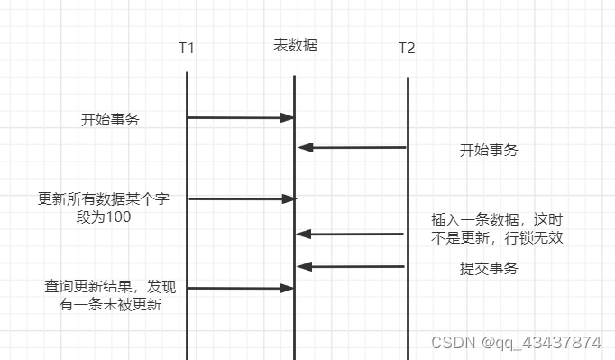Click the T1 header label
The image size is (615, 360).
(x=187, y=48)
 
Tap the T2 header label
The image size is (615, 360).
(x=407, y=48)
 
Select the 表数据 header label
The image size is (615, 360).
(x=295, y=45)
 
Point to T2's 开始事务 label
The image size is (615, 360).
(x=489, y=150)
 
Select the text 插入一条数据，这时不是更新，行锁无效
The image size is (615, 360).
(x=502, y=229)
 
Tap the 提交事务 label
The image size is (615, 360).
(x=489, y=269)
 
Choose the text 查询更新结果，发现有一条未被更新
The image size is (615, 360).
(x=110, y=296)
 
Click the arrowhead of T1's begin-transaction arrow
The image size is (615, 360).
(x=289, y=117)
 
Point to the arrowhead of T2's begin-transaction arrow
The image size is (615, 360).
(x=304, y=147)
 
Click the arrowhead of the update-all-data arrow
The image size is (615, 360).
(x=289, y=198)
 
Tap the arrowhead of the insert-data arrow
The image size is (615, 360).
(x=304, y=235)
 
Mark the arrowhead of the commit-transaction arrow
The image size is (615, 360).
(x=304, y=266)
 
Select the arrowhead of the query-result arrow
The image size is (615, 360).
(x=289, y=288)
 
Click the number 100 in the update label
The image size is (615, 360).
(x=118, y=217)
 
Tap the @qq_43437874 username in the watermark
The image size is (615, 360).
(x=541, y=343)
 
